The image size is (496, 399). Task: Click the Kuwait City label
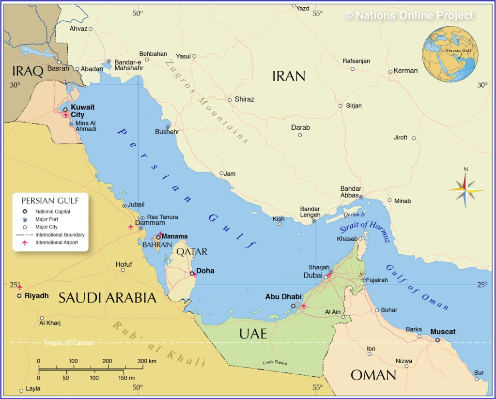coord(83,111)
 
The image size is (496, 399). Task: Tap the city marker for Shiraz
coord(230,100)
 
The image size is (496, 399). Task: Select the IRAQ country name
coord(28,72)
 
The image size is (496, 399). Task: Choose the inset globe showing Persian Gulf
coord(450,54)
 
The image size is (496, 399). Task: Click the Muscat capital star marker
coord(437,340)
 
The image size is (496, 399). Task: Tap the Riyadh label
coord(37,295)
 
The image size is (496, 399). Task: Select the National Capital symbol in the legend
coord(24,212)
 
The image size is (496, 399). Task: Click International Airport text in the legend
coord(56,242)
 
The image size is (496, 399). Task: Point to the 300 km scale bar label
coord(146,361)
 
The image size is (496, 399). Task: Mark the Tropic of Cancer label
coord(69,343)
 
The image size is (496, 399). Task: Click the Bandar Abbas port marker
coord(361,197)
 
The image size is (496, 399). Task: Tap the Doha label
coord(205,271)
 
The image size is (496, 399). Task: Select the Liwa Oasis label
coord(276,363)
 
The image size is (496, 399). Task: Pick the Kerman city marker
coord(390,72)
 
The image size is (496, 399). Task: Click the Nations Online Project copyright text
coord(409,15)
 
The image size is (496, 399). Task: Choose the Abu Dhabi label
coord(283,297)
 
